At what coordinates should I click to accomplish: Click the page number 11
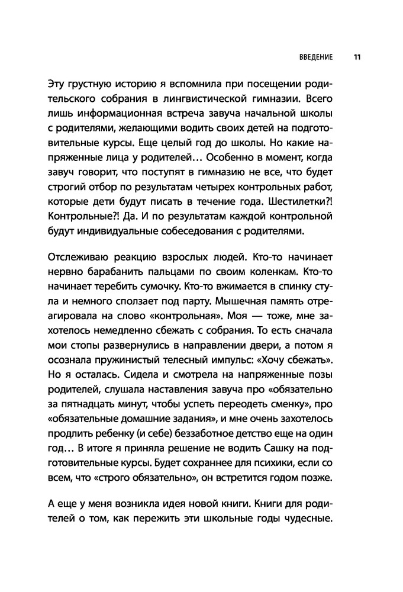357,58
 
